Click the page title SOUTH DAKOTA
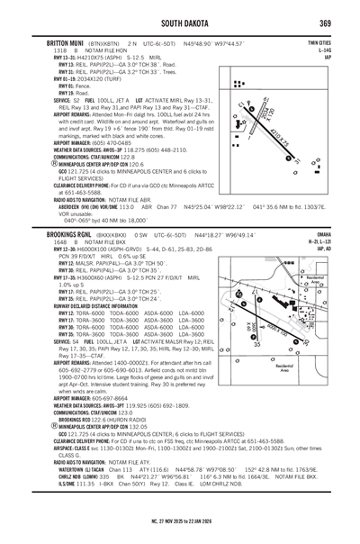180,22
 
